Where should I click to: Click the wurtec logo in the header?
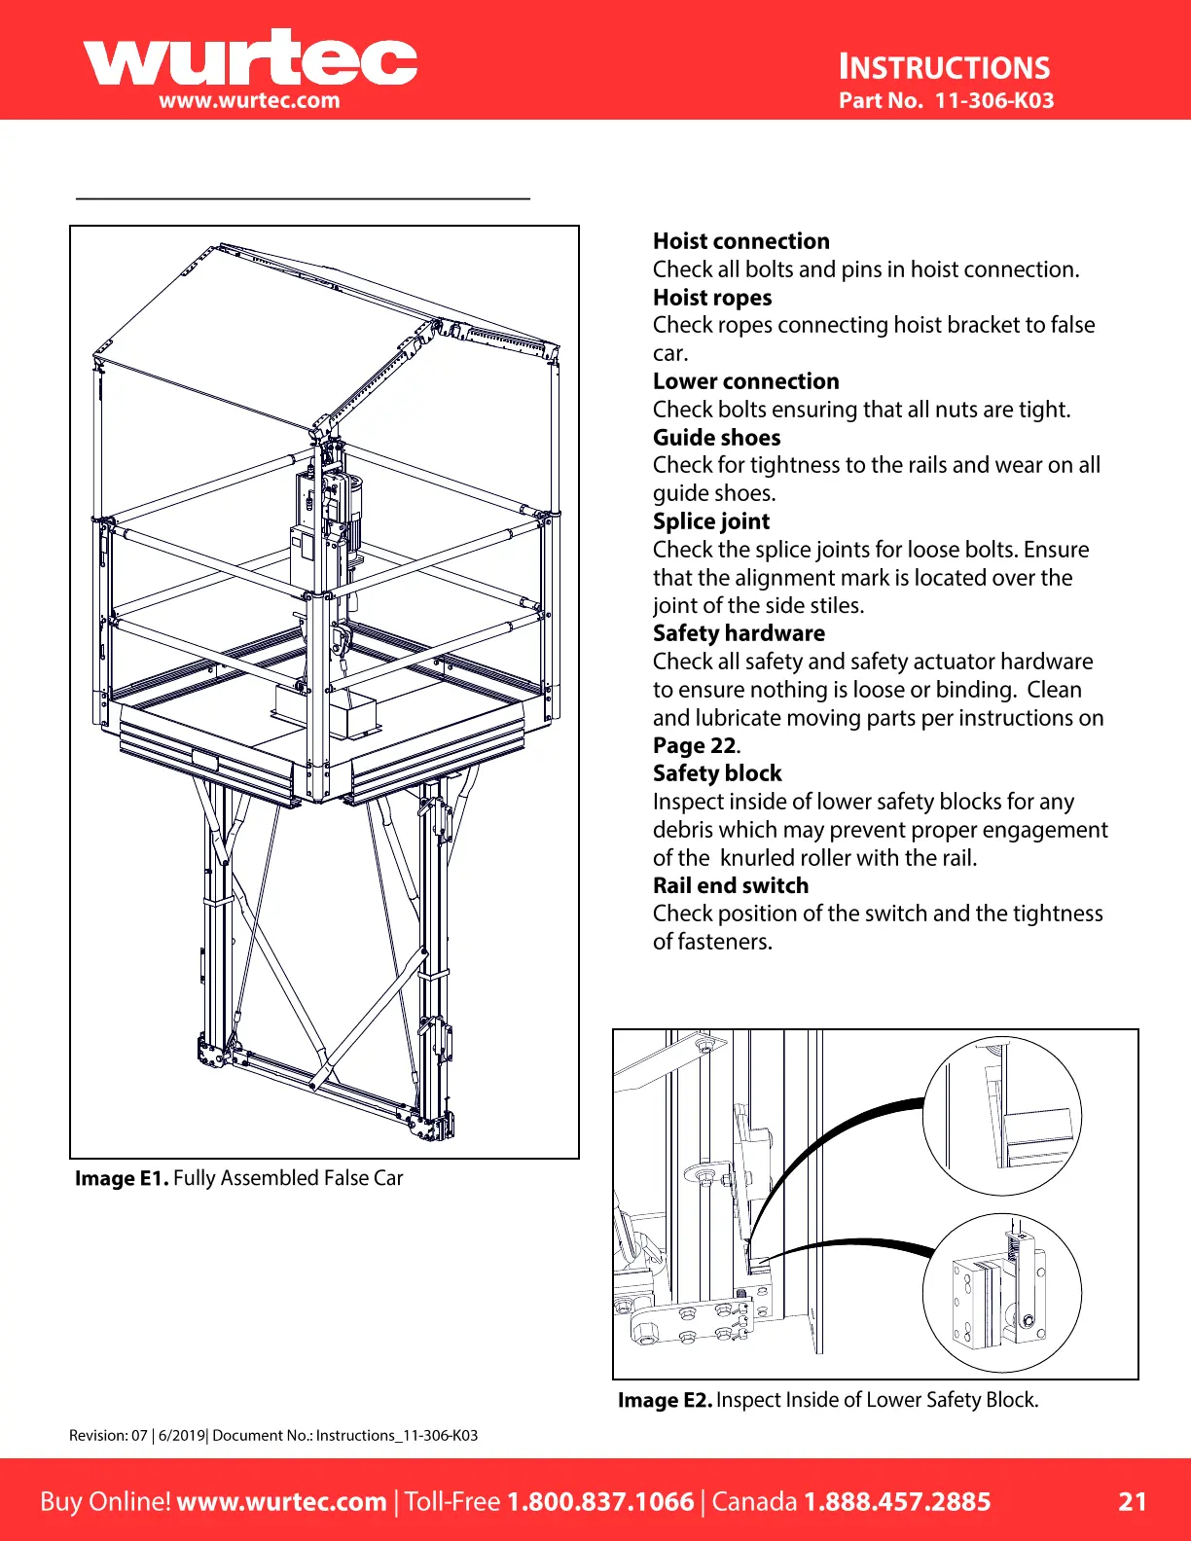(x=250, y=60)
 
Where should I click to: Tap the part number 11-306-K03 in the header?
(x=993, y=100)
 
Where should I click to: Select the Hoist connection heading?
(x=740, y=241)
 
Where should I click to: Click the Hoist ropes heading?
(x=711, y=298)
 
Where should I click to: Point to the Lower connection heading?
(x=745, y=381)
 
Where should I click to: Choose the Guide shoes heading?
(x=716, y=438)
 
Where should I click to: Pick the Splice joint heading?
(x=710, y=521)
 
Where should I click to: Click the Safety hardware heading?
(x=739, y=633)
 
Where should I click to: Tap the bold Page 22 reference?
(x=695, y=746)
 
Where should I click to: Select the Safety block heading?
(x=717, y=773)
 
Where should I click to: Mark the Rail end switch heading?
(x=730, y=885)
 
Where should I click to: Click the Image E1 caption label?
(x=122, y=1178)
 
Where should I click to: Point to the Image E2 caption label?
(x=665, y=1400)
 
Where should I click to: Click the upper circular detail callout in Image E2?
(x=1001, y=1116)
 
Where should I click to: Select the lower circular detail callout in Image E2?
(x=1001, y=1293)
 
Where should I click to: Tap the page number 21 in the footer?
(x=1132, y=1501)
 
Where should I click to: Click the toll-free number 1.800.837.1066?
(x=600, y=1501)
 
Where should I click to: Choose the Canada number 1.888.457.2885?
(x=896, y=1501)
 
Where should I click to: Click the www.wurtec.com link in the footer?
(x=281, y=1501)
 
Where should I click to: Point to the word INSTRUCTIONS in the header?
(x=944, y=67)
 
